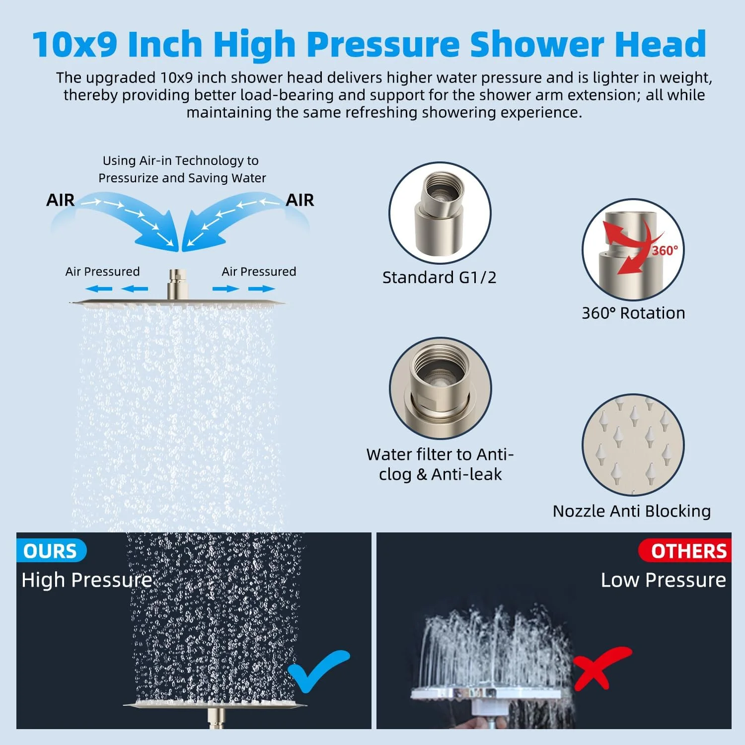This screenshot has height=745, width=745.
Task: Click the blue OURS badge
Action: tap(51, 551)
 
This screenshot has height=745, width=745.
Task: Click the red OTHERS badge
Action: tap(685, 551)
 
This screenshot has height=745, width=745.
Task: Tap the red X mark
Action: tap(601, 668)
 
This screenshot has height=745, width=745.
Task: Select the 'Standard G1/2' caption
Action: tap(439, 277)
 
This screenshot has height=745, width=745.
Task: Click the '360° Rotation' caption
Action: tap(633, 313)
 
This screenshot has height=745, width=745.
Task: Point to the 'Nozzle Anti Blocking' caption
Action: tap(632, 511)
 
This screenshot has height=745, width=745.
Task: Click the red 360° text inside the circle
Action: tap(665, 250)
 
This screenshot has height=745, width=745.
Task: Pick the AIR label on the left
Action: tap(60, 200)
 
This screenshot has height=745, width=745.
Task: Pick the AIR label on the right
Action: tap(300, 200)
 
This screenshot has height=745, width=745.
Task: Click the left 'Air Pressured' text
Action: tap(102, 272)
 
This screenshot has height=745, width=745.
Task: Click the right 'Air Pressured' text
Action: tap(259, 272)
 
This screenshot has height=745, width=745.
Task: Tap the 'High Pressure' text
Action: tap(87, 580)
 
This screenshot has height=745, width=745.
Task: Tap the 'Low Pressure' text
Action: tap(664, 580)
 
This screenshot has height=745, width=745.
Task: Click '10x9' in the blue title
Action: tap(75, 44)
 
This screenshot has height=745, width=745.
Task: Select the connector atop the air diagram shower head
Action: tap(177, 284)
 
